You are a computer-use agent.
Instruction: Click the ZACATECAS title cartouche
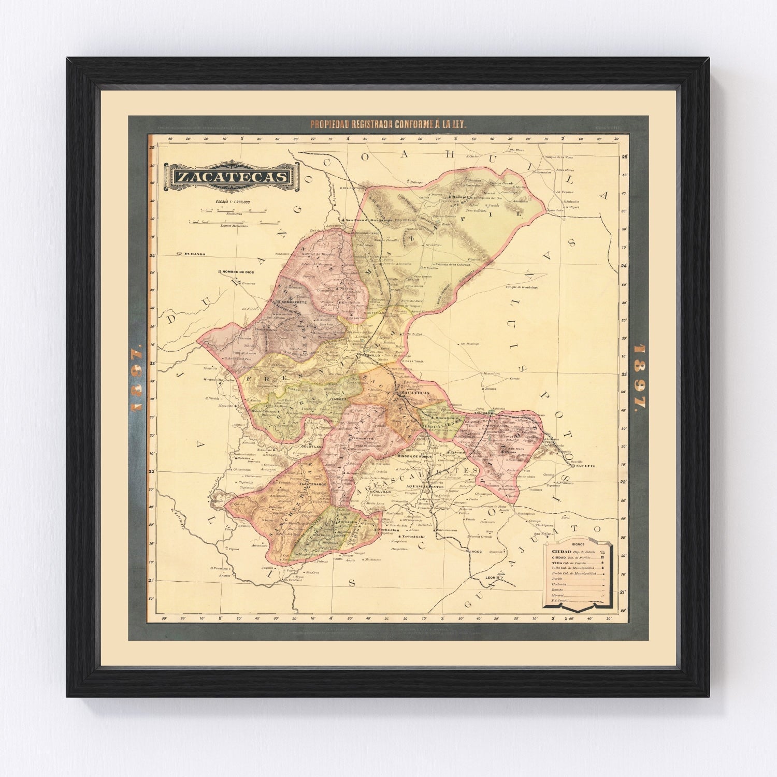click(232, 177)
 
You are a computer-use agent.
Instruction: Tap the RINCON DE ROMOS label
click(415, 456)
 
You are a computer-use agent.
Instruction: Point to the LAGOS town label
click(474, 552)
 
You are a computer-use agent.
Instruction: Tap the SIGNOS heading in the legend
click(577, 545)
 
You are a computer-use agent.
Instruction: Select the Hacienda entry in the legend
click(559, 584)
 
